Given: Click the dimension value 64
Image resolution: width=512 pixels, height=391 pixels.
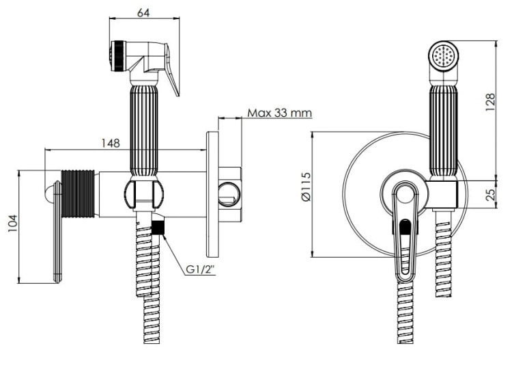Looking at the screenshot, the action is pyautogui.click(x=143, y=12).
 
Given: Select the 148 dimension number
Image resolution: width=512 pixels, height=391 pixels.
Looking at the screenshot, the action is pyautogui.click(x=111, y=143).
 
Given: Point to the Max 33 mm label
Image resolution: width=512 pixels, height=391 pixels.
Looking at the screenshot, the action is pyautogui.click(x=279, y=113).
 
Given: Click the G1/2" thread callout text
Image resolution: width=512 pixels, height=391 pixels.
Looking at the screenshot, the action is pyautogui.click(x=201, y=269).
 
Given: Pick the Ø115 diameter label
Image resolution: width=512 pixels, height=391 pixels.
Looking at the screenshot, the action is pyautogui.click(x=306, y=187).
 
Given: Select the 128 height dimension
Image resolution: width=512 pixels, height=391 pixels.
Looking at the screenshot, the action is pyautogui.click(x=490, y=102).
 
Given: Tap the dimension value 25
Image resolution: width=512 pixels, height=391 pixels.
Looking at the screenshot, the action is pyautogui.click(x=490, y=195).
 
